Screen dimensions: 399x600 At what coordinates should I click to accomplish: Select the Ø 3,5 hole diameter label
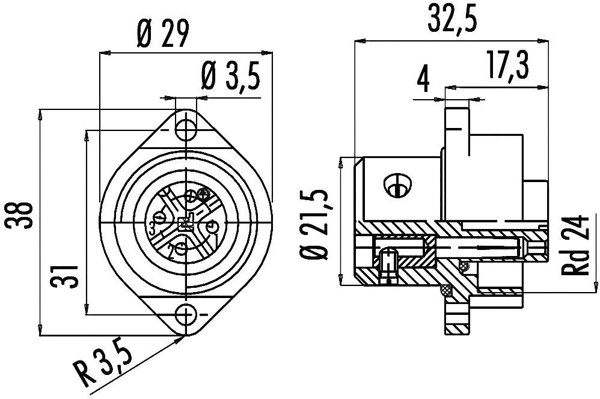click(x=229, y=77)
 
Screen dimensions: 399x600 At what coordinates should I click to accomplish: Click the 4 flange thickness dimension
click(x=424, y=78)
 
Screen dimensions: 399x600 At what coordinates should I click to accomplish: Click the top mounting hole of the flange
click(x=186, y=129)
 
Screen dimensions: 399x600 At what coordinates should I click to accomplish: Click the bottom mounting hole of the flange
click(x=186, y=315)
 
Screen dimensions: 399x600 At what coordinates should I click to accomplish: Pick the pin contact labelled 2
click(x=180, y=246)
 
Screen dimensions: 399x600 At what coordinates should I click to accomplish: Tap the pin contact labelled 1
click(x=211, y=227)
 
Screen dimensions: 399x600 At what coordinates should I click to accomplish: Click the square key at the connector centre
click(x=186, y=222)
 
